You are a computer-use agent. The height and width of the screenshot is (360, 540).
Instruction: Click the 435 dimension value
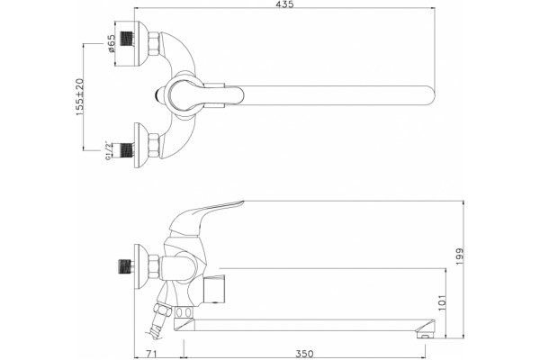click(x=284, y=4)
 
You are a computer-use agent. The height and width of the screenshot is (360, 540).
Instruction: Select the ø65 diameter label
click(x=112, y=43)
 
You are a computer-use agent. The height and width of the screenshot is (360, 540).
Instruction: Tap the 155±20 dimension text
click(x=79, y=97)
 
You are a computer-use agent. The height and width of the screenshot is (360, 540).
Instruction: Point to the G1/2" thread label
click(x=108, y=150)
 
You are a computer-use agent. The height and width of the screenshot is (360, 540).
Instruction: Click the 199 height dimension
click(x=460, y=256)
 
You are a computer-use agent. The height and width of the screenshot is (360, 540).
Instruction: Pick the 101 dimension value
click(x=443, y=302)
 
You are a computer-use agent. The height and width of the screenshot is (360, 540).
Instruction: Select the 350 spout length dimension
click(x=304, y=354)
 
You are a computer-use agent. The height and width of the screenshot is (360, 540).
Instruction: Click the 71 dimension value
click(x=151, y=354)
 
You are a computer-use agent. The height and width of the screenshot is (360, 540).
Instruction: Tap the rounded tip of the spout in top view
click(x=431, y=94)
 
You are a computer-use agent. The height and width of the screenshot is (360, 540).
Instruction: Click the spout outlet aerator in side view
click(x=425, y=331)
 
